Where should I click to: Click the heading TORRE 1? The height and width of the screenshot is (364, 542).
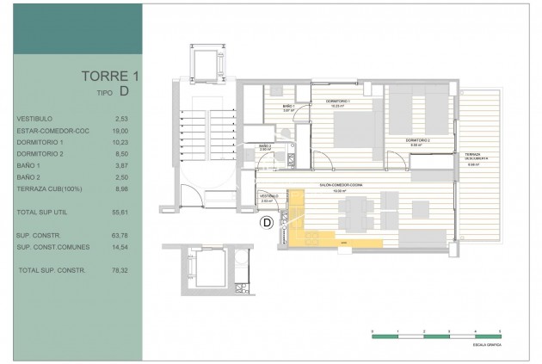(111, 76)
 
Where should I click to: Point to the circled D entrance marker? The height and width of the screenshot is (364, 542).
(267, 223)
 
